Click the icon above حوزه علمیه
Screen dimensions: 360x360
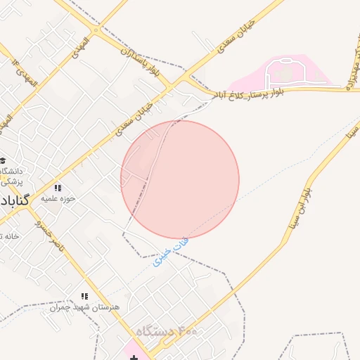point(58,188)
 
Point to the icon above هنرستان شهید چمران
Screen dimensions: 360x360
point(85,297)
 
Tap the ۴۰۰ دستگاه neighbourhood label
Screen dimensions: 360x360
point(167,330)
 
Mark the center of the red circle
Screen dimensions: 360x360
point(180,180)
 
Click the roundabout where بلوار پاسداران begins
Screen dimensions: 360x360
point(96,30)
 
